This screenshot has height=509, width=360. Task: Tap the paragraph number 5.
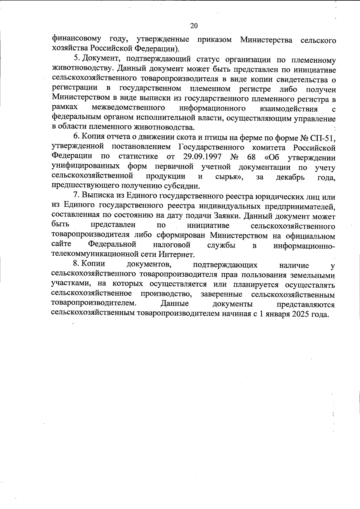76,58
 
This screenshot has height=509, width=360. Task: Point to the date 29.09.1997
202,156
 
